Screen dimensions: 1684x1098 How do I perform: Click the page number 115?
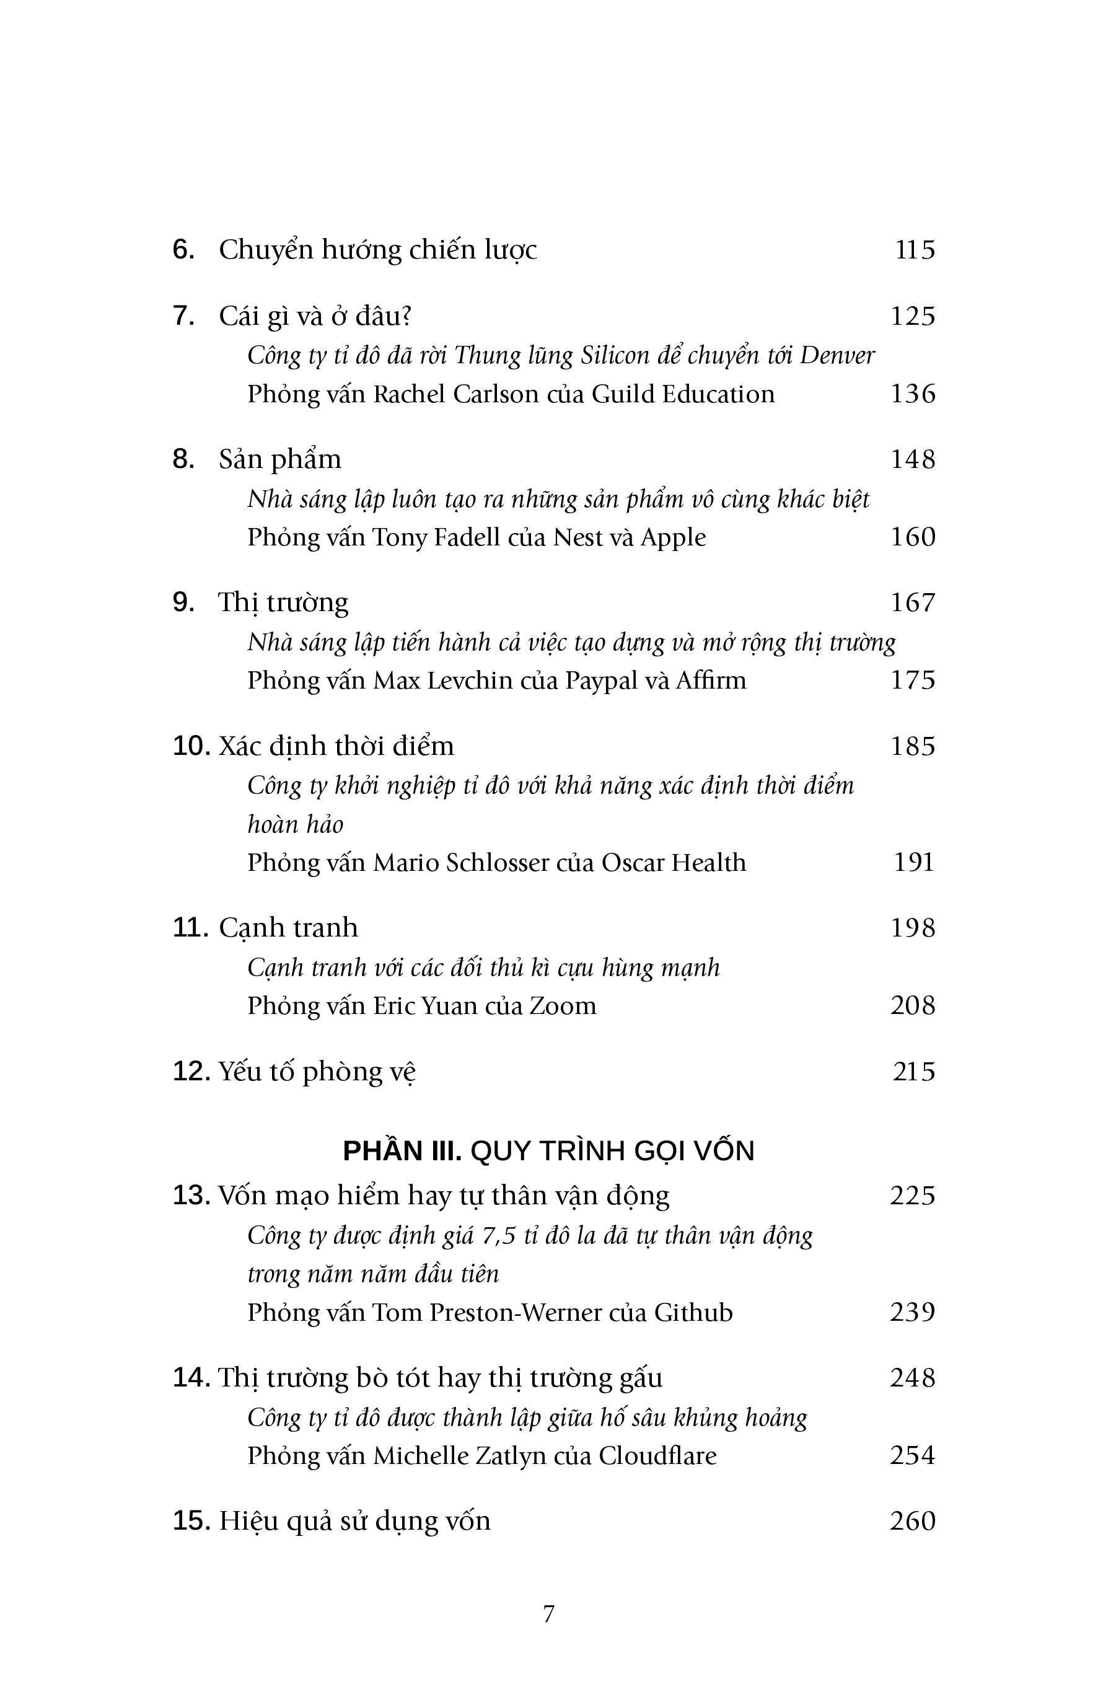[x=915, y=250]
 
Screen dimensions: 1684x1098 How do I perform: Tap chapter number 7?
[x=183, y=315]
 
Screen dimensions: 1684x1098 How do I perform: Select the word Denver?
[x=837, y=355]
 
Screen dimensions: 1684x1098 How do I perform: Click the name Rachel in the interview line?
[x=409, y=394]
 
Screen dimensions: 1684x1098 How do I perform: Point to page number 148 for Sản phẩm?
[x=913, y=459]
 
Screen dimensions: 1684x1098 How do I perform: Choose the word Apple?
[x=673, y=538]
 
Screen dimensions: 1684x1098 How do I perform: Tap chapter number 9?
[x=183, y=602]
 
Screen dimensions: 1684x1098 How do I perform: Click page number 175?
[x=913, y=680]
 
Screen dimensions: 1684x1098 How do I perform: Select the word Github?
[x=693, y=1313]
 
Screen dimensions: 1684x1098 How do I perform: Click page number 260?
[x=913, y=1521]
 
